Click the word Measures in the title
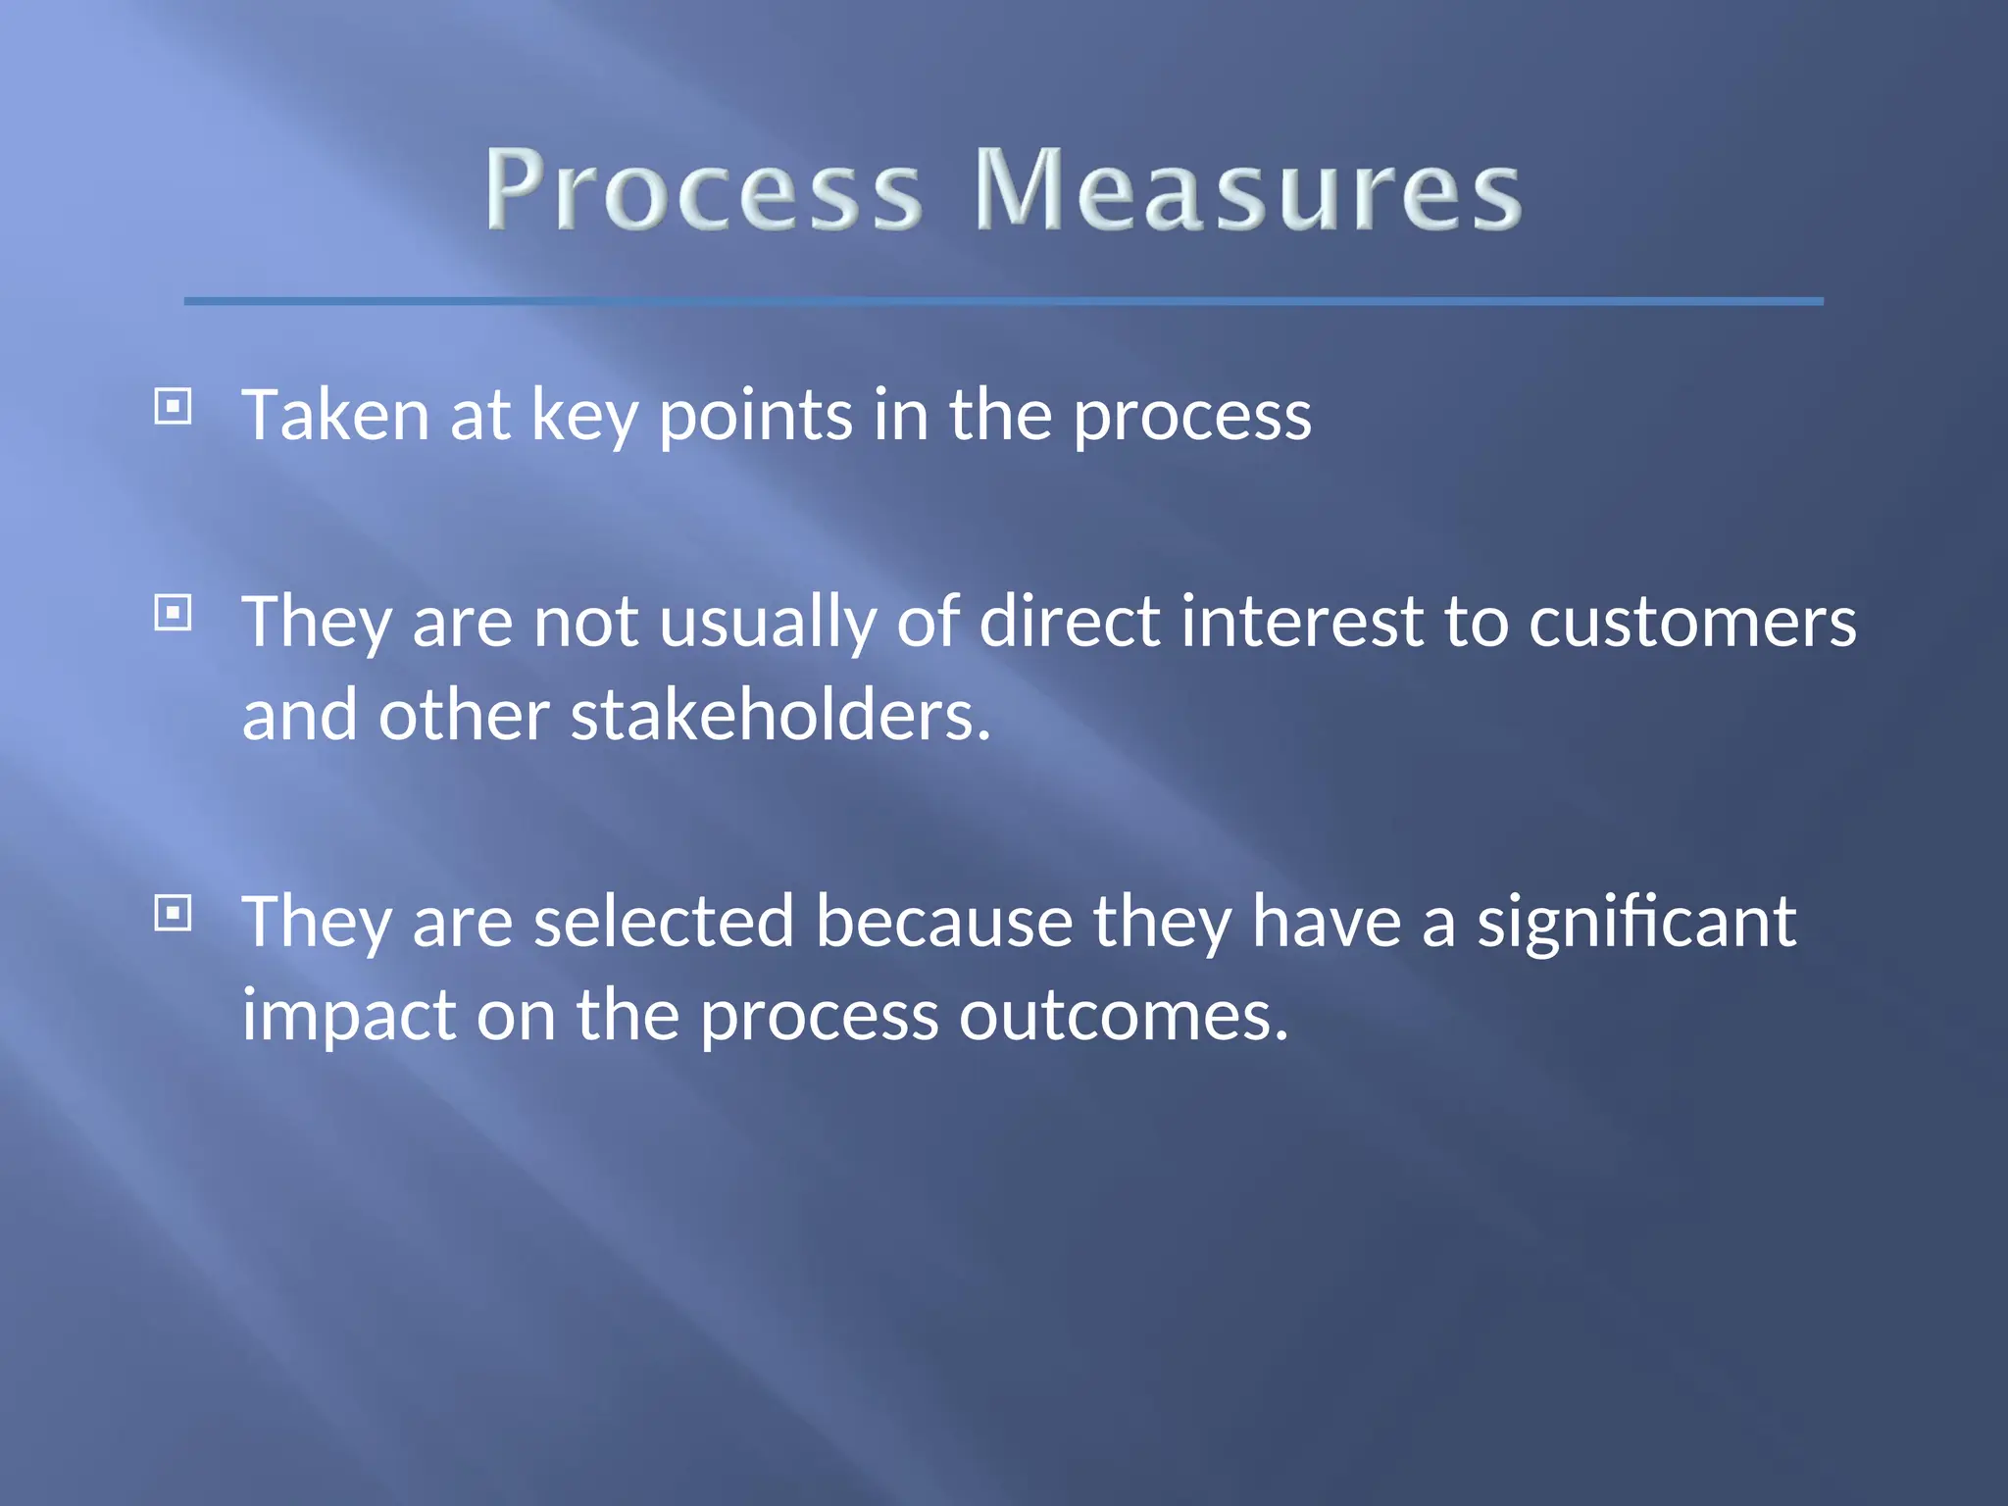[x=1247, y=190]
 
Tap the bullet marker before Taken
[x=174, y=406]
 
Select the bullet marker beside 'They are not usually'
[x=174, y=614]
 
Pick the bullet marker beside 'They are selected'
[x=174, y=914]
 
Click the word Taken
[x=335, y=416]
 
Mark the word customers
[x=1692, y=624]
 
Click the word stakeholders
[x=780, y=716]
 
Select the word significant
[x=1636, y=924]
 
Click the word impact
[x=348, y=1016]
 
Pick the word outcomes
[x=1123, y=1016]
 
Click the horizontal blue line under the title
[x=1003, y=301]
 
